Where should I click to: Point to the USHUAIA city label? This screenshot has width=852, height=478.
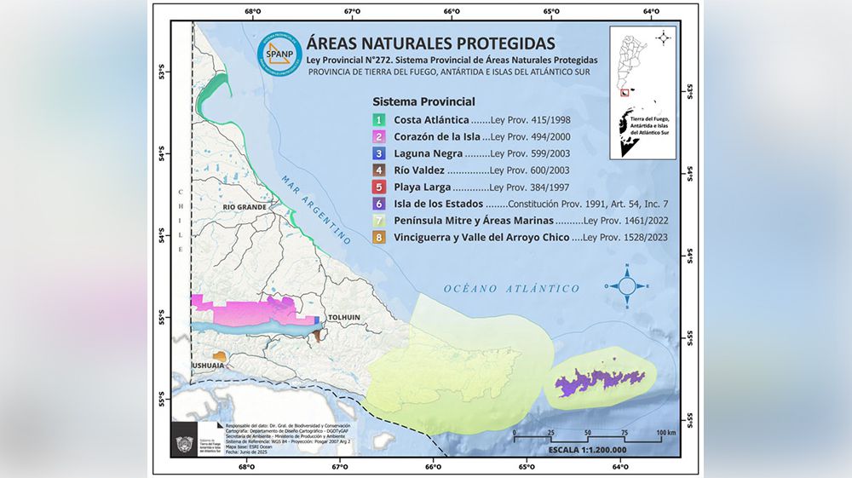tap(208, 366)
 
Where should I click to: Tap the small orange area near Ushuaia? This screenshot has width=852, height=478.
tap(219, 356)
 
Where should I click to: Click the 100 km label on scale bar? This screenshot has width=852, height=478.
tap(665, 433)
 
